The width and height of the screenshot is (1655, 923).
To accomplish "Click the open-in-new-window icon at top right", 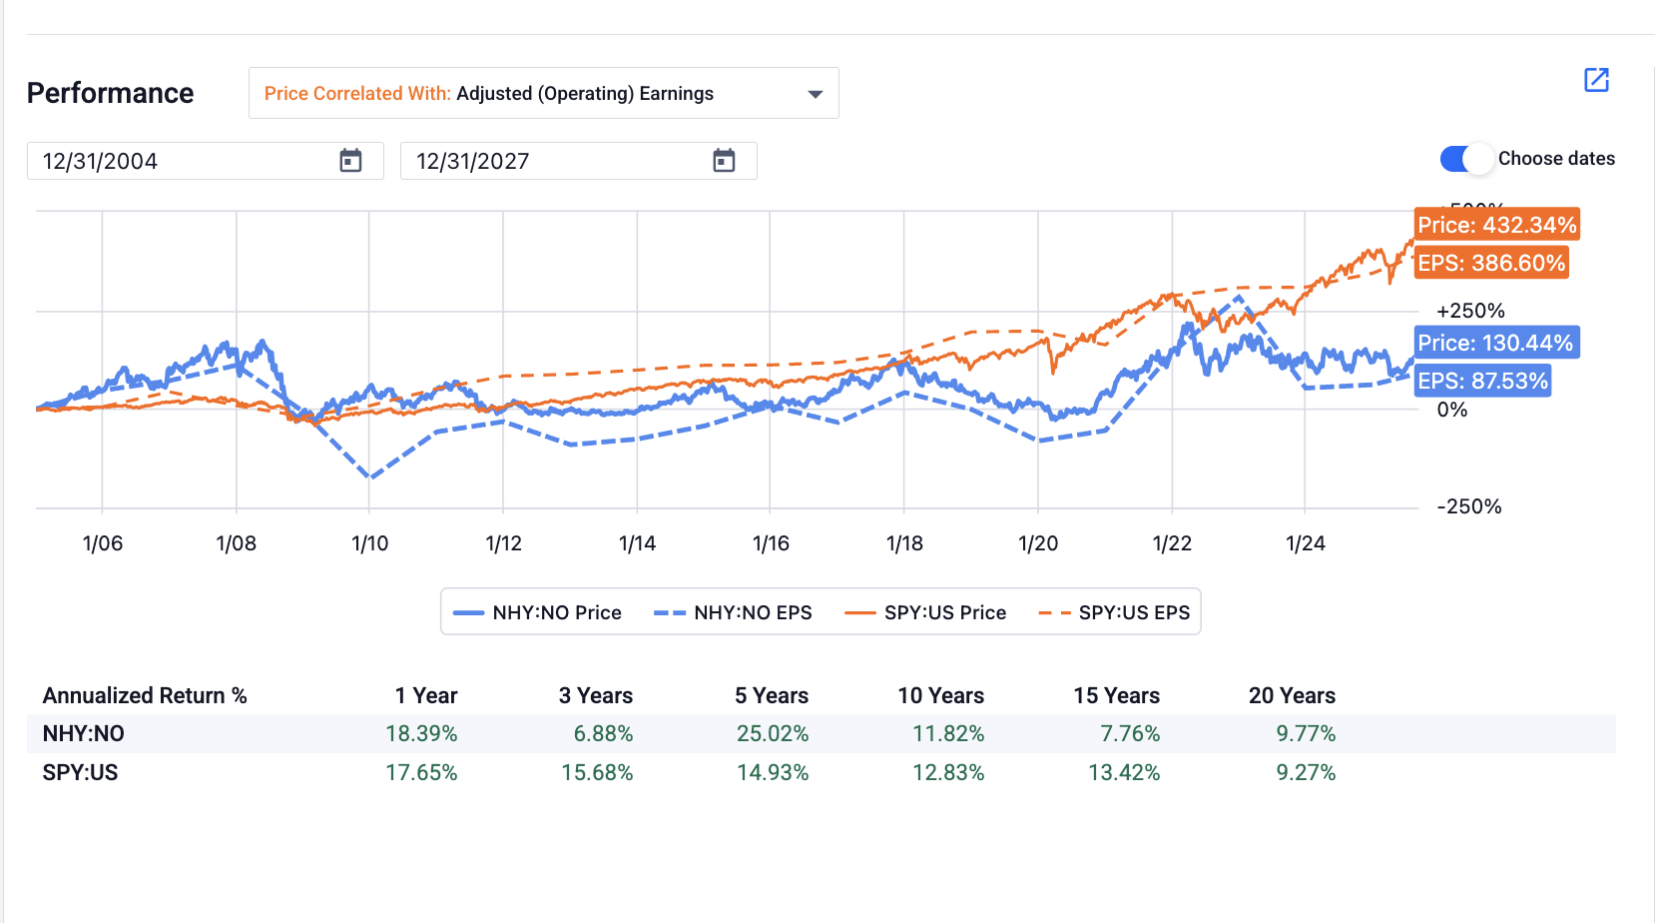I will [x=1596, y=80].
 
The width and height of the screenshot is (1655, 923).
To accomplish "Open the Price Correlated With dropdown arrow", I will [x=815, y=94].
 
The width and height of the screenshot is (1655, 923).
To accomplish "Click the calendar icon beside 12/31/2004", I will [x=350, y=161].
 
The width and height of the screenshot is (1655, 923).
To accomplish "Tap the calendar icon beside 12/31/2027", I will [x=724, y=161].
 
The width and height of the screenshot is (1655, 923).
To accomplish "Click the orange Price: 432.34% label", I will [x=1496, y=225].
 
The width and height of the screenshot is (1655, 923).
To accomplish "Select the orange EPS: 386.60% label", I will [x=1490, y=263].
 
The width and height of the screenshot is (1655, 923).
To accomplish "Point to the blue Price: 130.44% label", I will [x=1494, y=343].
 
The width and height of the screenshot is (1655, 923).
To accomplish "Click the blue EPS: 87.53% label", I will [x=1482, y=381].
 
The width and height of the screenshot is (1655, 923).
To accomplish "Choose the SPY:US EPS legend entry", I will [x=1115, y=612].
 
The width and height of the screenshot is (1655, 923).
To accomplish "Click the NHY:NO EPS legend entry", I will [x=734, y=612].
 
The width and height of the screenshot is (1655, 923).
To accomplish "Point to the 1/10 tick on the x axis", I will [x=369, y=543].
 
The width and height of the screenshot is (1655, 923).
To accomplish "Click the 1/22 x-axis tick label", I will [x=1172, y=543].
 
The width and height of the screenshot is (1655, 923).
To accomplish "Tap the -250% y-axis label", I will [x=1468, y=506].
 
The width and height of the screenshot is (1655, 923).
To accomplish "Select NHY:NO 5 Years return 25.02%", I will [x=773, y=734].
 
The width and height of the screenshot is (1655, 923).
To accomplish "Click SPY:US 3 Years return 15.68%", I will [x=597, y=773].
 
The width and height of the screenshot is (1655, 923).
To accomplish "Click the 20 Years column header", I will [x=1292, y=696].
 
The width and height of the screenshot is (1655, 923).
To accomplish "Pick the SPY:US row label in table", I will [x=80, y=773].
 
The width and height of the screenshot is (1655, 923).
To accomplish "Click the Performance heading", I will [x=111, y=93].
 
